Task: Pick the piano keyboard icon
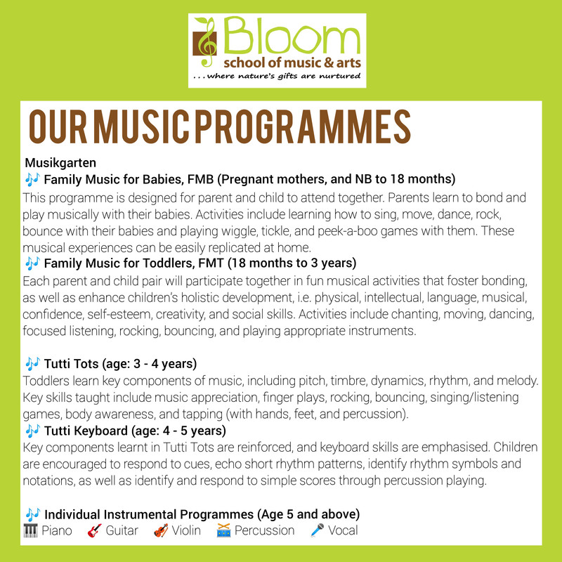pos(30,530)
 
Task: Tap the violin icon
pos(160,530)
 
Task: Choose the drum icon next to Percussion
pos(224,530)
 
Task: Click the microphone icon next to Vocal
pos(316,530)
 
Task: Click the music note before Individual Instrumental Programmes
pos(32,514)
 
